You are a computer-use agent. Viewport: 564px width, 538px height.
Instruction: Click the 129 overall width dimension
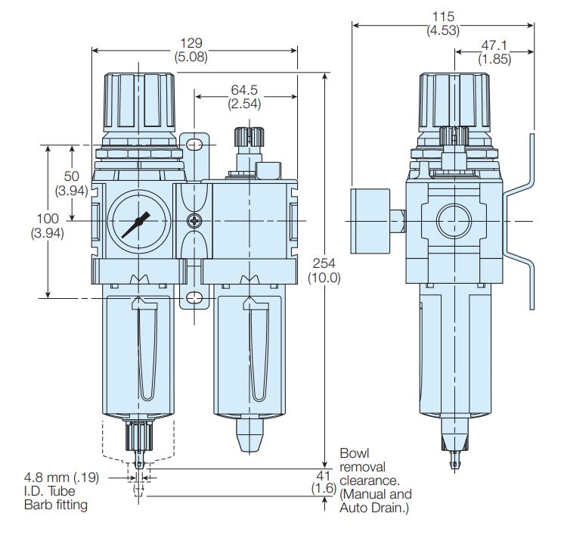[x=191, y=43]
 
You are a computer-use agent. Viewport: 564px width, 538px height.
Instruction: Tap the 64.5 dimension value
[x=244, y=89]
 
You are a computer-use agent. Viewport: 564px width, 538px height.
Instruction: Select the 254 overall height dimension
[x=324, y=263]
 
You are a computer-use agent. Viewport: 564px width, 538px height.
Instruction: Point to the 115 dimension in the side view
[x=443, y=17]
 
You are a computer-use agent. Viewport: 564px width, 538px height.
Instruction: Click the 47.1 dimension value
[x=494, y=45]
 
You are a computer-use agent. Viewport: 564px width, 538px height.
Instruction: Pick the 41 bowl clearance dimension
[x=324, y=476]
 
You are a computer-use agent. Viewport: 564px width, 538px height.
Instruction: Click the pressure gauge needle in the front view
[x=135, y=225]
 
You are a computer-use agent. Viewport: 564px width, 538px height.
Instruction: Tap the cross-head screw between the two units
[x=194, y=221]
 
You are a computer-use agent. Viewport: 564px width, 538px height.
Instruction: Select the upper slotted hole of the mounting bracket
[x=194, y=145]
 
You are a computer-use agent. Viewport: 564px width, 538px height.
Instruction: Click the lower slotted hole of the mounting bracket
[x=194, y=298]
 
